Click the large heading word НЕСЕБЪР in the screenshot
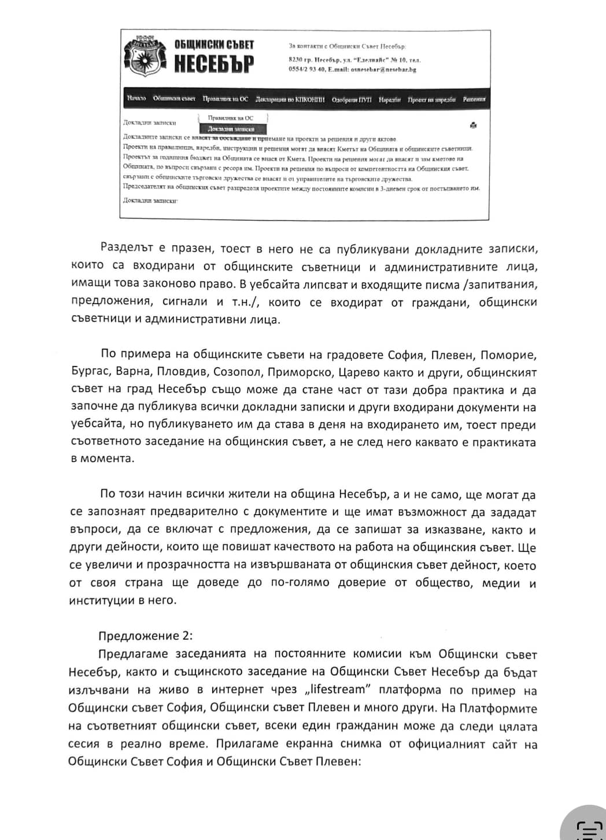point(214,64)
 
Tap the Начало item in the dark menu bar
point(136,99)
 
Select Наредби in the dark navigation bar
point(390,99)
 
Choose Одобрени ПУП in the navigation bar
point(352,99)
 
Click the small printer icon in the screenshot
point(473,125)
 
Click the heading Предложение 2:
point(145,636)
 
